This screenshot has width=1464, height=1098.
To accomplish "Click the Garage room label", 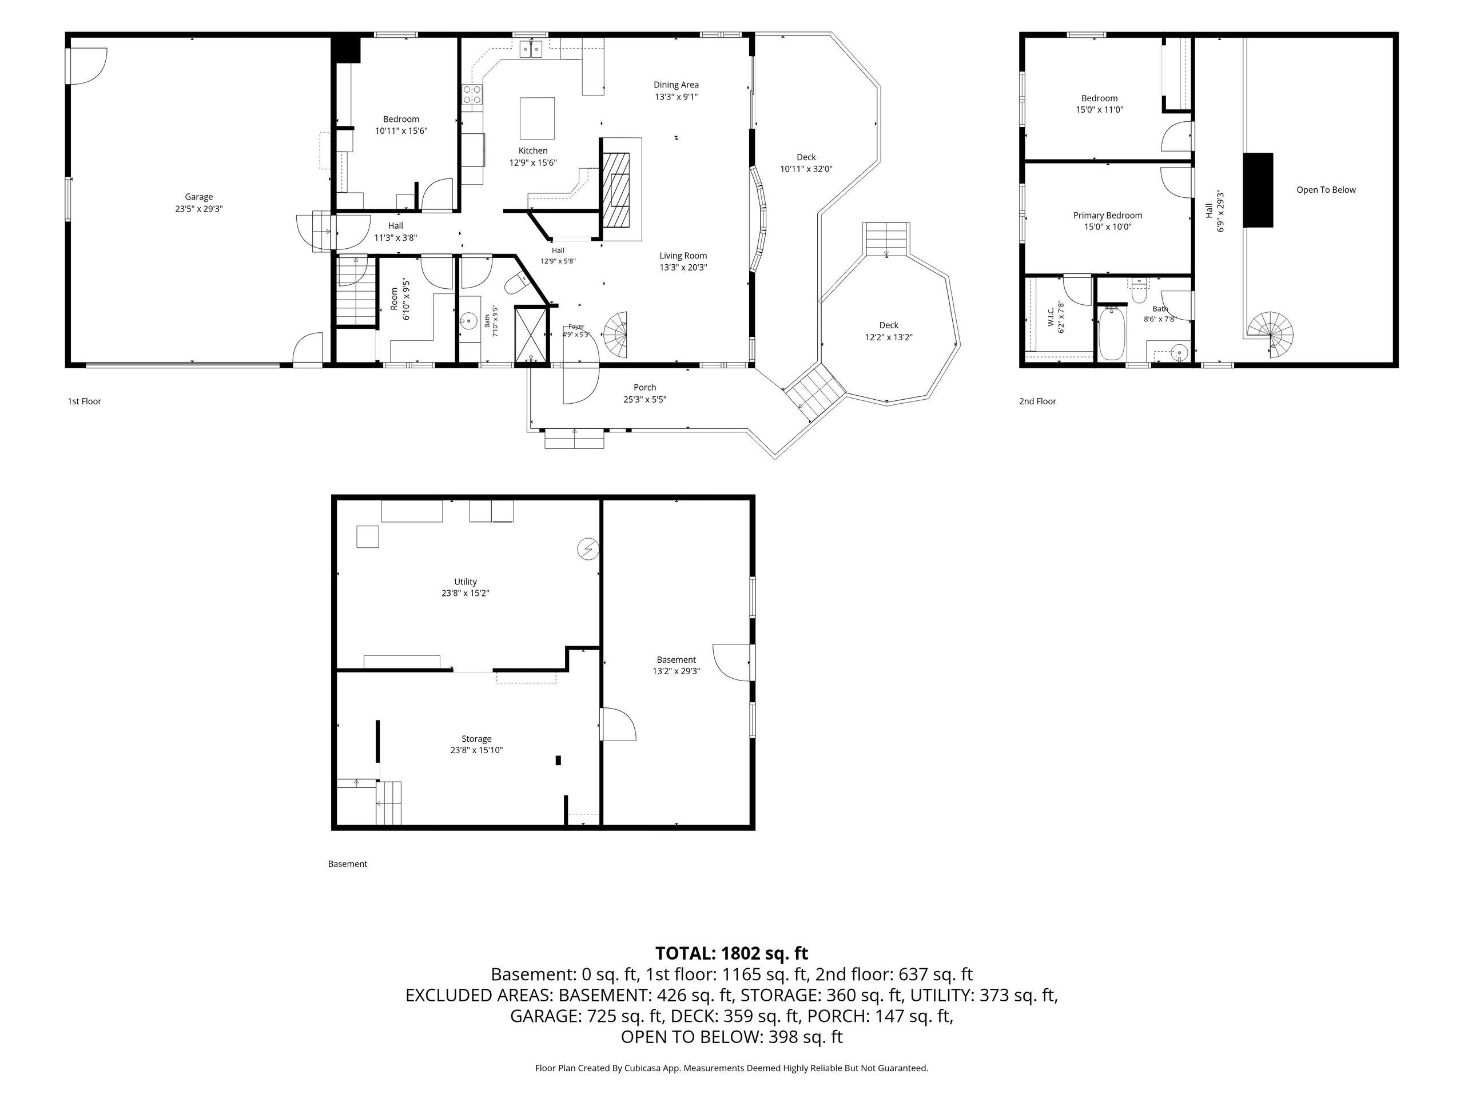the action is click(x=198, y=197).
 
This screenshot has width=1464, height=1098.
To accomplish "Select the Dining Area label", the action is click(x=676, y=85).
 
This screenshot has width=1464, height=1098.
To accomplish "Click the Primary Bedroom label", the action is click(x=1107, y=215).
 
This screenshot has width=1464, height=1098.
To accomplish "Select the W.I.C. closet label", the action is click(x=1051, y=317).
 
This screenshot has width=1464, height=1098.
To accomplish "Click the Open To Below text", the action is click(x=1326, y=190).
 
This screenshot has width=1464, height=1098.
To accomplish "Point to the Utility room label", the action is click(x=466, y=582).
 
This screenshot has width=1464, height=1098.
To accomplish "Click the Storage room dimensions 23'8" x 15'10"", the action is click(x=476, y=750).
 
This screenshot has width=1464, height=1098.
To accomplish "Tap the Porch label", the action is click(x=645, y=388).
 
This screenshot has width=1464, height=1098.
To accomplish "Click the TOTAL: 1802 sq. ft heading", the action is click(x=731, y=953).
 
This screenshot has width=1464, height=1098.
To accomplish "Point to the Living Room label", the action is click(x=683, y=256).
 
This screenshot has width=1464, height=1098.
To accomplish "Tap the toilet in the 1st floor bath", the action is click(x=516, y=285).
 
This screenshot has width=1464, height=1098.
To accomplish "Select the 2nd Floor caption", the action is click(x=1038, y=401).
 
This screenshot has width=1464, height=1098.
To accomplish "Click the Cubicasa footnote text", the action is click(x=731, y=1068).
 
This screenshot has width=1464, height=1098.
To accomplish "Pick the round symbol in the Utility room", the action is click(x=588, y=548).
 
